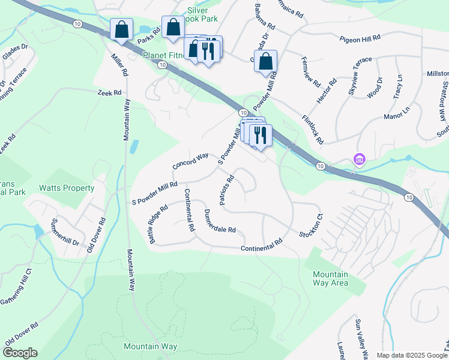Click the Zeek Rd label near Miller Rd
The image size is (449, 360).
110,93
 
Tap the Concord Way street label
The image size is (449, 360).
190,160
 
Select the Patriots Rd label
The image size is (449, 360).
226,190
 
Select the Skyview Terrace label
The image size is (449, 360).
360,77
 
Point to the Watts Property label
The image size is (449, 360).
67,188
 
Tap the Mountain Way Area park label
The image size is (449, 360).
330,278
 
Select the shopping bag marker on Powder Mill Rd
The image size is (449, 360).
265,61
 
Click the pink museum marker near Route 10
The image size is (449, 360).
359,160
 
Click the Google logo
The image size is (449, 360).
20,353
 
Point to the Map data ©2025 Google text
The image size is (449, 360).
411,355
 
